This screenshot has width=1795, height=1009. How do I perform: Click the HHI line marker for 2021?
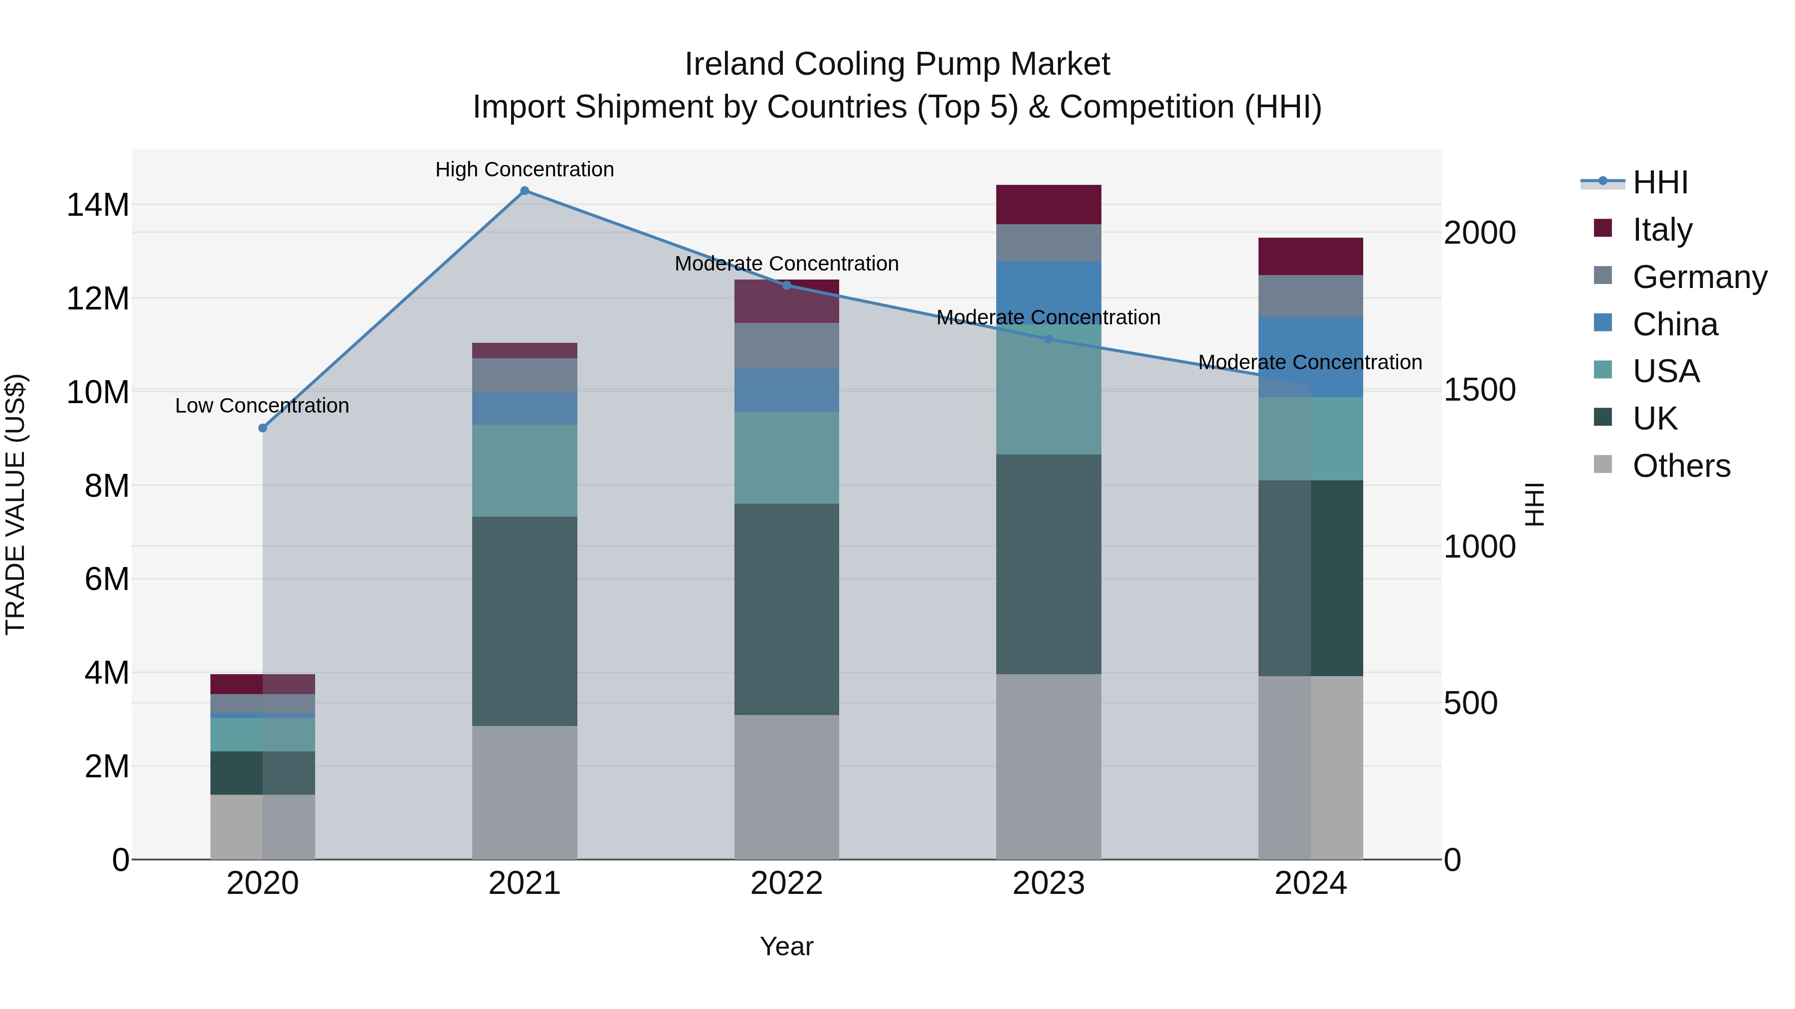click(x=525, y=191)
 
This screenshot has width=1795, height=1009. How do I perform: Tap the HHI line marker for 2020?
click(x=263, y=428)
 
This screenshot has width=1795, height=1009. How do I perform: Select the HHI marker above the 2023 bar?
click(x=1049, y=339)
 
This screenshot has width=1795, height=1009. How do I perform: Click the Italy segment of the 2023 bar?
click(x=1049, y=205)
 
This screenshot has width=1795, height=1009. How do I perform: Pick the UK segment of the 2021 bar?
click(x=525, y=621)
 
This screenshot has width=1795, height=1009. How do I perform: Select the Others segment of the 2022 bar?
click(x=787, y=787)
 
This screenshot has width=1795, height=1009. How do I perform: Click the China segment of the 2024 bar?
click(x=1311, y=357)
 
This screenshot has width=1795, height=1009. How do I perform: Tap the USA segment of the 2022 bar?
click(x=787, y=457)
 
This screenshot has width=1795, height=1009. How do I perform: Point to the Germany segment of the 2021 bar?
click(x=525, y=375)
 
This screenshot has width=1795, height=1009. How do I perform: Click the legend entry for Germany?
click(x=1699, y=277)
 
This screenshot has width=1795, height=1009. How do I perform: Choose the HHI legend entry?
click(x=1659, y=182)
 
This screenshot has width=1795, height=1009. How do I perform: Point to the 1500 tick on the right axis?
click(x=1479, y=390)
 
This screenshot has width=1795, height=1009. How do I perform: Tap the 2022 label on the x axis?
click(x=787, y=883)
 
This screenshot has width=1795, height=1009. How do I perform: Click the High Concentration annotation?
click(x=525, y=169)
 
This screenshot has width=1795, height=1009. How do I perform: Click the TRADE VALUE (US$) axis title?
click(x=15, y=504)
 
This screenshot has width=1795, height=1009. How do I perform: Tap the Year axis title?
click(x=787, y=946)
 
